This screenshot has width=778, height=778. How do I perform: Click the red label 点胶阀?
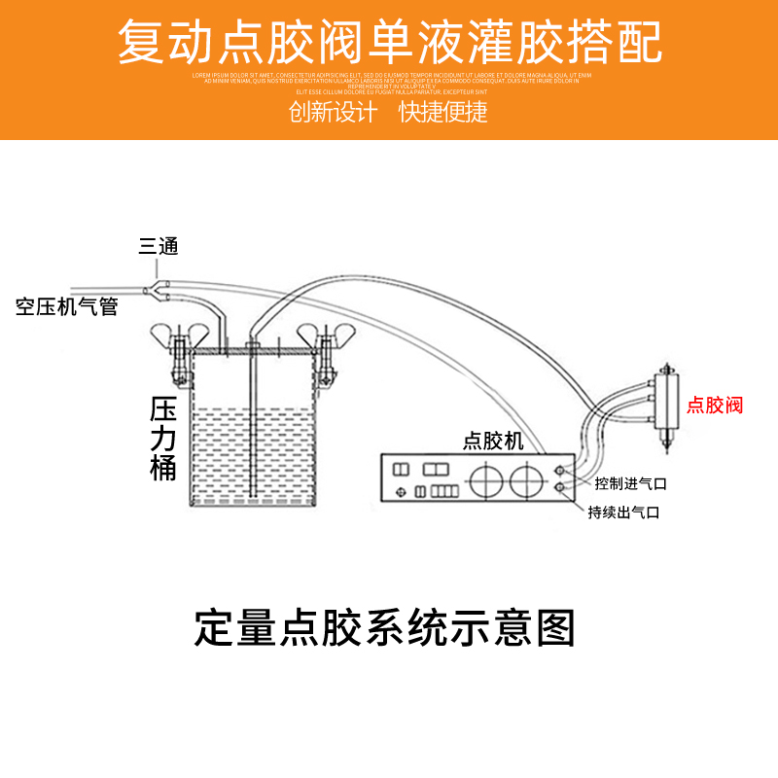tap(715, 405)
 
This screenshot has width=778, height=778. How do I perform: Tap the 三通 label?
tap(159, 246)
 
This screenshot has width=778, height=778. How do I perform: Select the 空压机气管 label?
tap(67, 307)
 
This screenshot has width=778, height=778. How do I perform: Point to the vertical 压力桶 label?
tap(163, 438)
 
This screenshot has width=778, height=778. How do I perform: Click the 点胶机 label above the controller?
tap(493, 441)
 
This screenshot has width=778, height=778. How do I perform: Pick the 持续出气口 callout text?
tap(623, 512)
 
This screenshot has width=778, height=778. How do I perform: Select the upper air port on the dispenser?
tap(560, 470)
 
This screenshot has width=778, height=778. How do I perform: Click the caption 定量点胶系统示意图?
tap(385, 627)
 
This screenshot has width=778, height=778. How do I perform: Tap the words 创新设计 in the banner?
tap(333, 111)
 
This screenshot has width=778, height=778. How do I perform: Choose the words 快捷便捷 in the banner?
tap(443, 111)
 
